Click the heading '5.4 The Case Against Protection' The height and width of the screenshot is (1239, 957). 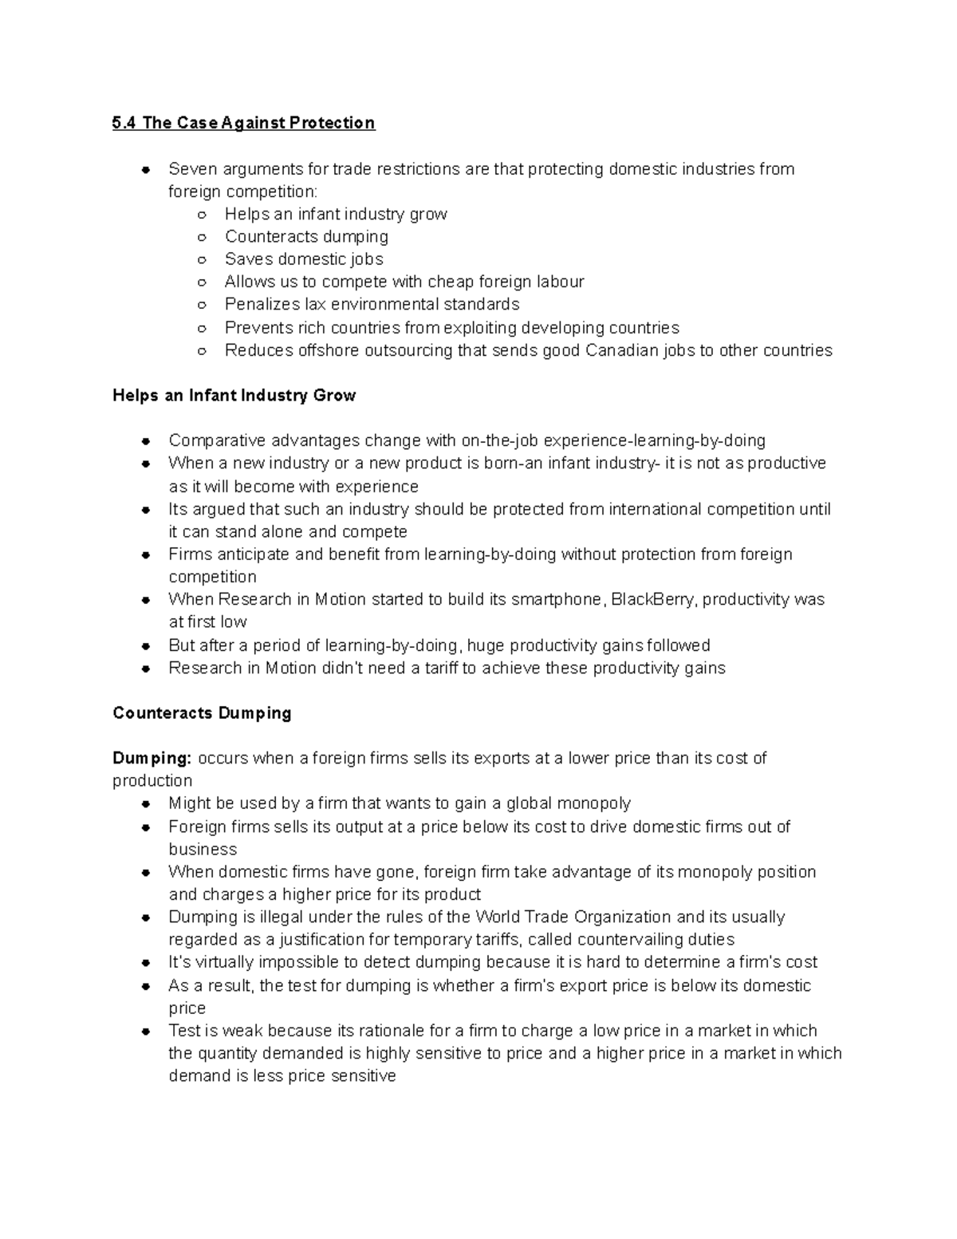point(243,123)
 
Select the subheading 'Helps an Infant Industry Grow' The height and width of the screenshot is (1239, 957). point(234,396)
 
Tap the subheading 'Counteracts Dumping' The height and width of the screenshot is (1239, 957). point(202,713)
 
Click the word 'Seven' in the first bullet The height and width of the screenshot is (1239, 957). point(192,169)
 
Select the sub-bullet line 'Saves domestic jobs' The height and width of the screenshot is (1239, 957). point(304,259)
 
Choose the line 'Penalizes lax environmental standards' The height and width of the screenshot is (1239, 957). point(372,305)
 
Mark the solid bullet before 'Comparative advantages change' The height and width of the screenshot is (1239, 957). point(146,441)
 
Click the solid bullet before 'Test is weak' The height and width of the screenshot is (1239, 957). point(146,1032)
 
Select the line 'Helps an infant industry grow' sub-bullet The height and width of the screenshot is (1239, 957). point(336,214)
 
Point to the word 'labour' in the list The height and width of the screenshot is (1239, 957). point(558,282)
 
